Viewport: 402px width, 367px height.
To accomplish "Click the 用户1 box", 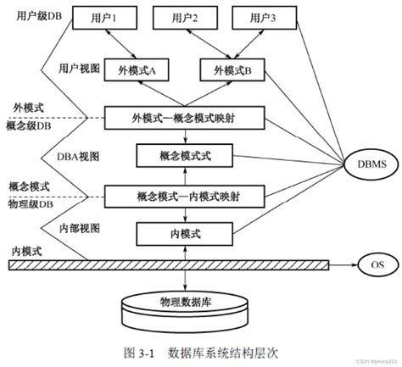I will point(104,19).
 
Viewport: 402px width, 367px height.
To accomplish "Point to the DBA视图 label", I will point(81,155).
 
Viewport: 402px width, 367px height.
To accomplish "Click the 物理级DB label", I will point(28,203).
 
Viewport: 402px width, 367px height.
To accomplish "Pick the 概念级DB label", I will point(29,126).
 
